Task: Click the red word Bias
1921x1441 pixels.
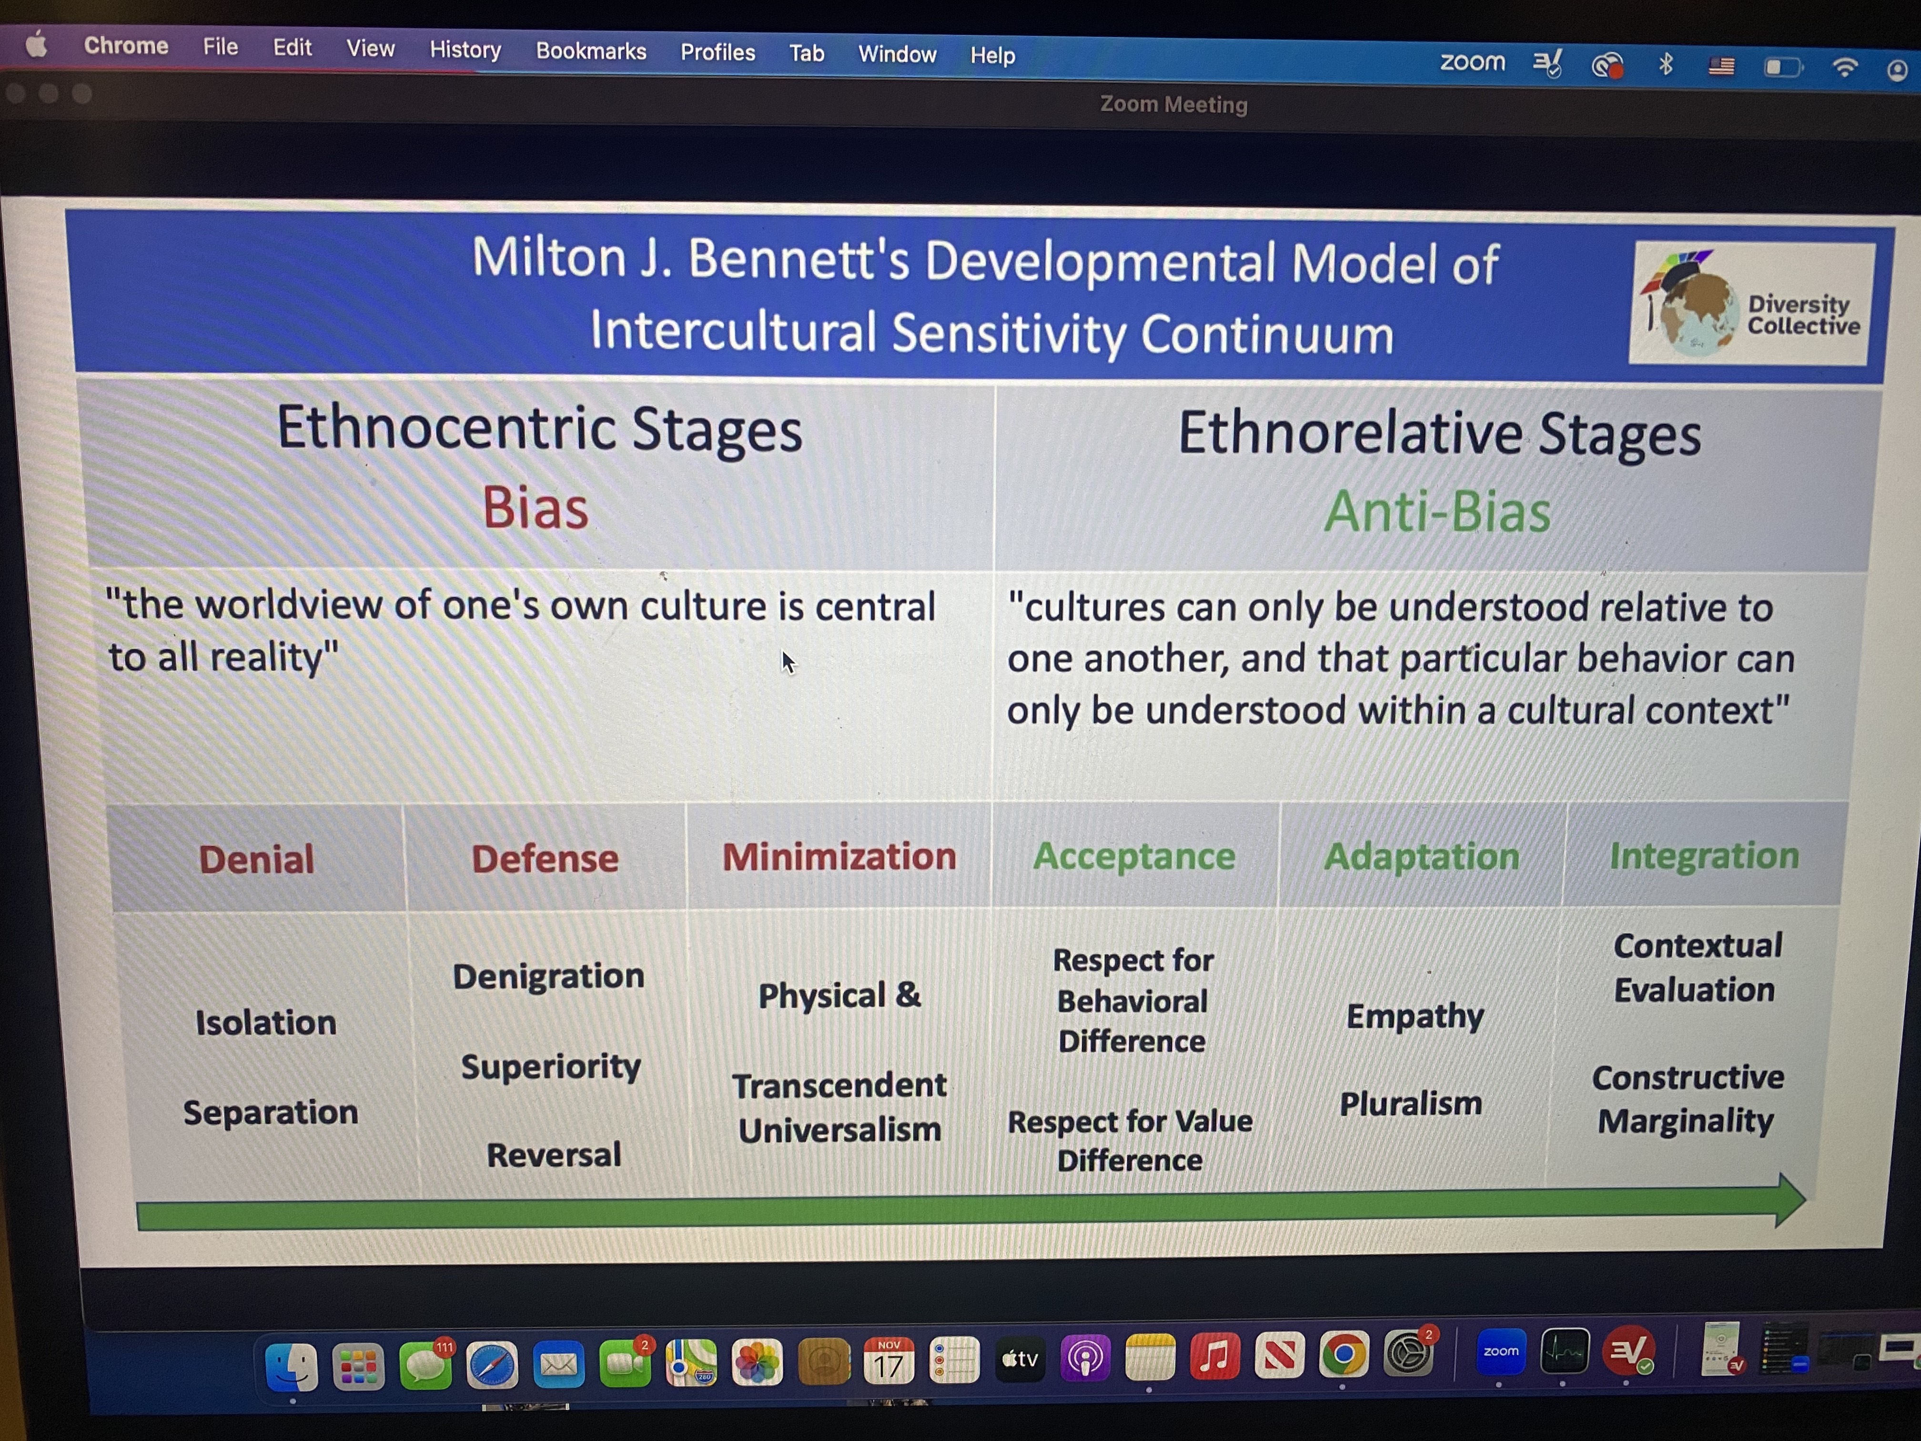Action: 536,507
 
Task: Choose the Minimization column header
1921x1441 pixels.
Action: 839,856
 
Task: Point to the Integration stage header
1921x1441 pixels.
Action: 1704,855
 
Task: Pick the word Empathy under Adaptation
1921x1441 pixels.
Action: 1415,1016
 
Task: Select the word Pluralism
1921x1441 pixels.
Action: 1410,1103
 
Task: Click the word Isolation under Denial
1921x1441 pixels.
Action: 266,1022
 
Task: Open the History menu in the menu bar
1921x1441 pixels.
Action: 465,50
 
